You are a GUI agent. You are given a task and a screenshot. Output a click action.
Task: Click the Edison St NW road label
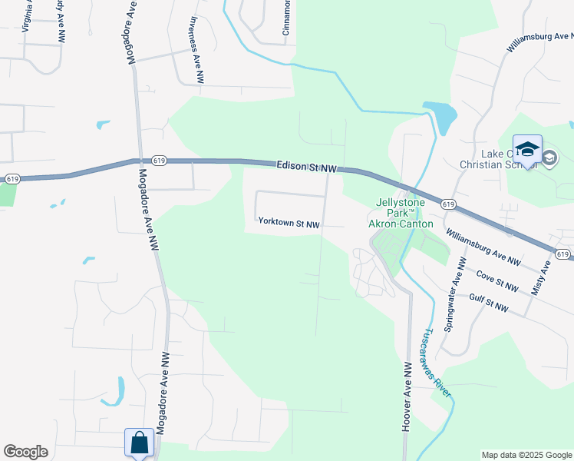[x=305, y=167]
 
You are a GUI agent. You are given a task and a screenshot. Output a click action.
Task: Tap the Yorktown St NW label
[x=289, y=223]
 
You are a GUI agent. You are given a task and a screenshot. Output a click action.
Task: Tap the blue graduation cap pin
[x=527, y=150]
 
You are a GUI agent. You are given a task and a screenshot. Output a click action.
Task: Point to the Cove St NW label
[x=496, y=280]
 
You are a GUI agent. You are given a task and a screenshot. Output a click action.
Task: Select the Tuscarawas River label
[x=437, y=365]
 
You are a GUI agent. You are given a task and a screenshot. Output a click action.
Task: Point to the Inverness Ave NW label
[x=196, y=50]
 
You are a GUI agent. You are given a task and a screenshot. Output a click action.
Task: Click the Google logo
[x=25, y=452]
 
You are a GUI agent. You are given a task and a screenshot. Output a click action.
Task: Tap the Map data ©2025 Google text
[x=526, y=455]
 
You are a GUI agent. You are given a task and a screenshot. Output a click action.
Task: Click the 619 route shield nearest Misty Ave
[x=562, y=254]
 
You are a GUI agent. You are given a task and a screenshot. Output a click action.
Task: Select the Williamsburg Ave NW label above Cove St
[x=483, y=252]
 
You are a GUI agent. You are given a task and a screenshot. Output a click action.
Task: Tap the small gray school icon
[x=549, y=158]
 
